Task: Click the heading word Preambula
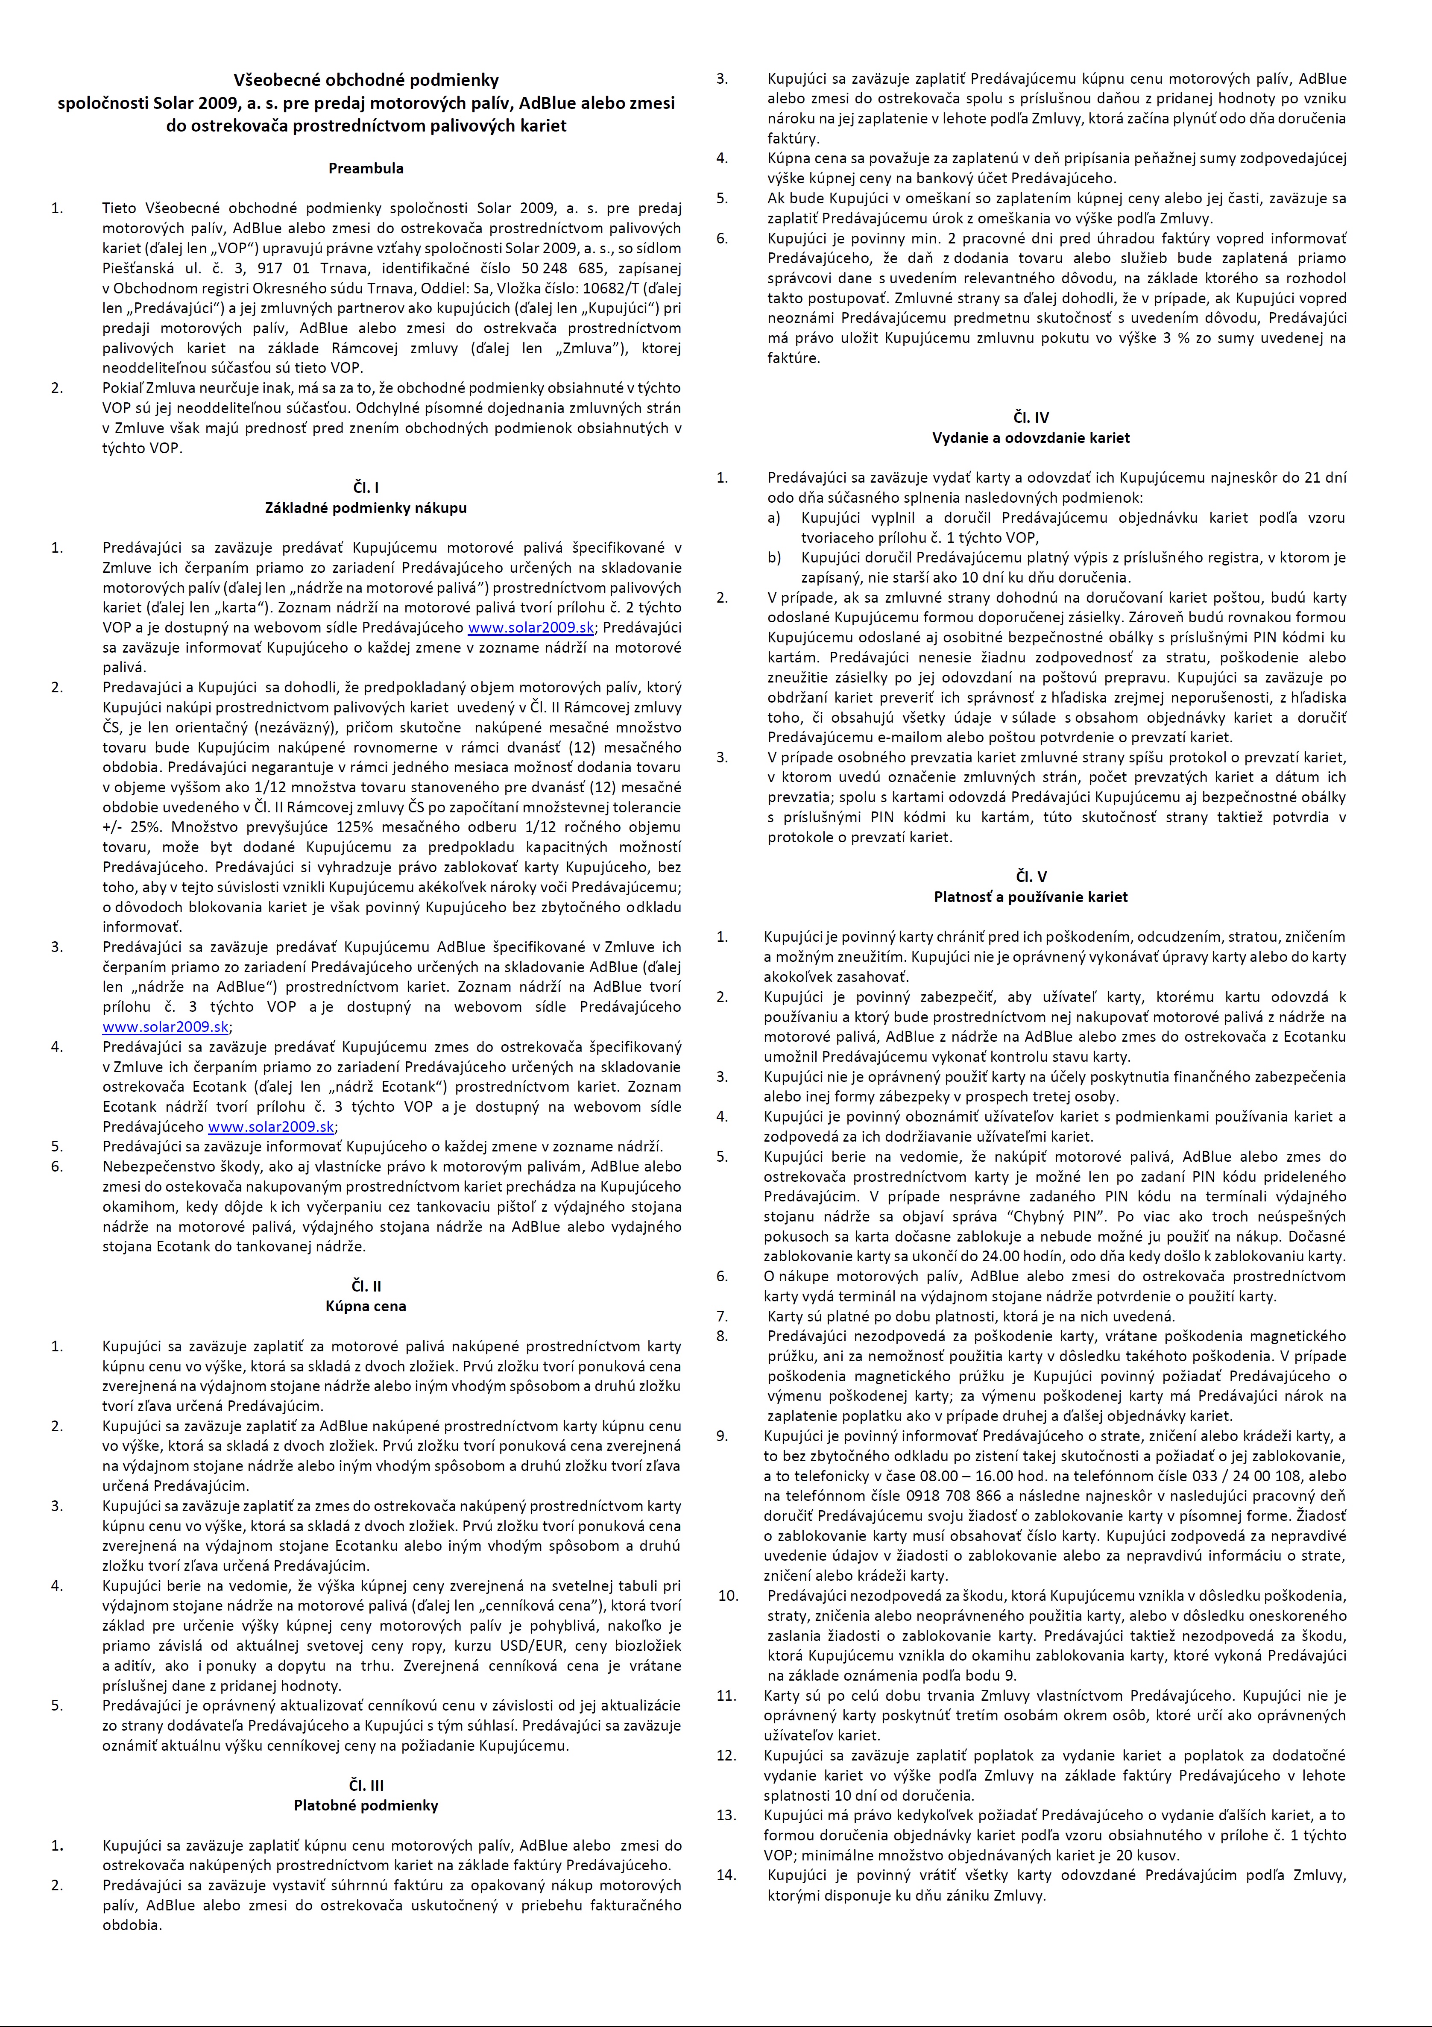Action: [x=366, y=169]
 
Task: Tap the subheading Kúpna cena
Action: [x=366, y=1306]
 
